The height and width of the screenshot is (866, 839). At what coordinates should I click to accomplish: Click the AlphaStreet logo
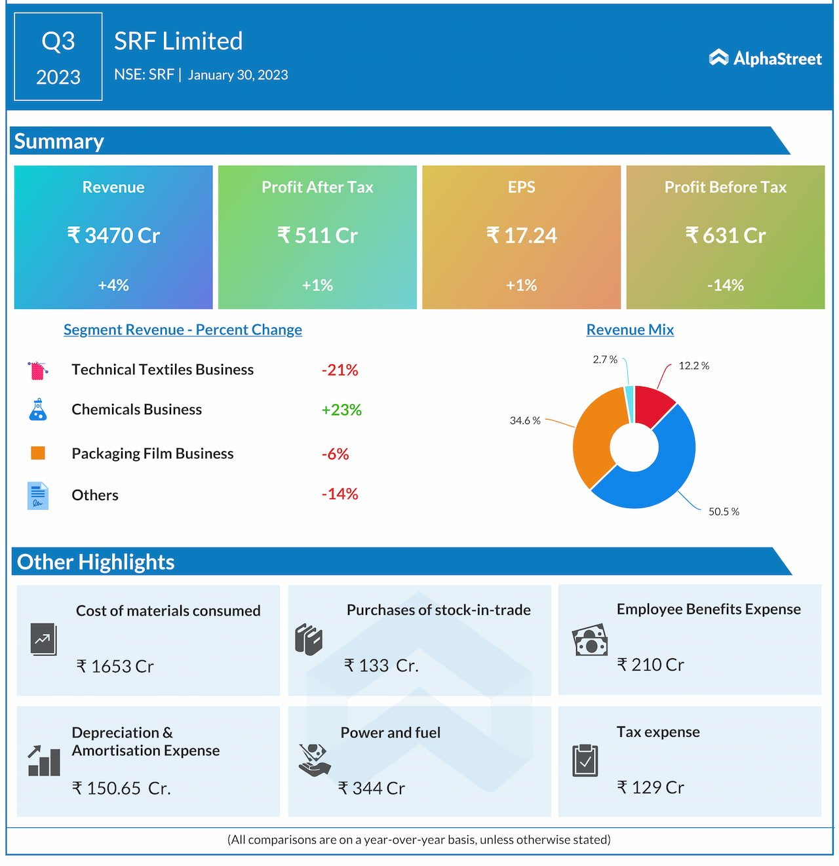[x=765, y=58]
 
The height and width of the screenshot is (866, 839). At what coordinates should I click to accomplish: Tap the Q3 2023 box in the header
[x=58, y=57]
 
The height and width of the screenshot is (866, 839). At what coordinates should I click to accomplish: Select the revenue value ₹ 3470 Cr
[x=113, y=235]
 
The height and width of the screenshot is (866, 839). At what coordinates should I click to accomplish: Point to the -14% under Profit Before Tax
[x=725, y=285]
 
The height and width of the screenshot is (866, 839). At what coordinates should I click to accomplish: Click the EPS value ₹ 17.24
[x=521, y=235]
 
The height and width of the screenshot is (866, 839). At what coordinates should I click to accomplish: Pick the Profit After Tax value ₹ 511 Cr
[x=317, y=235]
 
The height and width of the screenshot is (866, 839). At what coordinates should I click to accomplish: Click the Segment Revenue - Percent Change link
[x=182, y=330]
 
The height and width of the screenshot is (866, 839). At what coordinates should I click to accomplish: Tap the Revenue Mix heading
[x=630, y=330]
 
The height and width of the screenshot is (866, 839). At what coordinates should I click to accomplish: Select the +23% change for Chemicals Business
[x=341, y=410]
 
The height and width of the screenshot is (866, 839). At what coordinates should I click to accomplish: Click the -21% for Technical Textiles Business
[x=340, y=370]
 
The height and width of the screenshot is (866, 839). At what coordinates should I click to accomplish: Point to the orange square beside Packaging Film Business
[x=38, y=453]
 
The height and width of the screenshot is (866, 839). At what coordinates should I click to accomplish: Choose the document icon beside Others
[x=38, y=496]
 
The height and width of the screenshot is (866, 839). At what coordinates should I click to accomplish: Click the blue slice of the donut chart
[x=655, y=479]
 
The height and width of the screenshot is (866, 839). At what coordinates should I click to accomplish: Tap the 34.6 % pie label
[x=525, y=421]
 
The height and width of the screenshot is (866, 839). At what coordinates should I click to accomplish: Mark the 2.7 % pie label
[x=604, y=359]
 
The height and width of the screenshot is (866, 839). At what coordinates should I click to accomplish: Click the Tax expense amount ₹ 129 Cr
[x=650, y=787]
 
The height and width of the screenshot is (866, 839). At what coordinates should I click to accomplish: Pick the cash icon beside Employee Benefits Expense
[x=590, y=640]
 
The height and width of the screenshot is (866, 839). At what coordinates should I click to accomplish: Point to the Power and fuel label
[x=390, y=732]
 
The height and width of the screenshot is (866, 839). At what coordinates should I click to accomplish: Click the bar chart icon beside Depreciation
[x=44, y=761]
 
